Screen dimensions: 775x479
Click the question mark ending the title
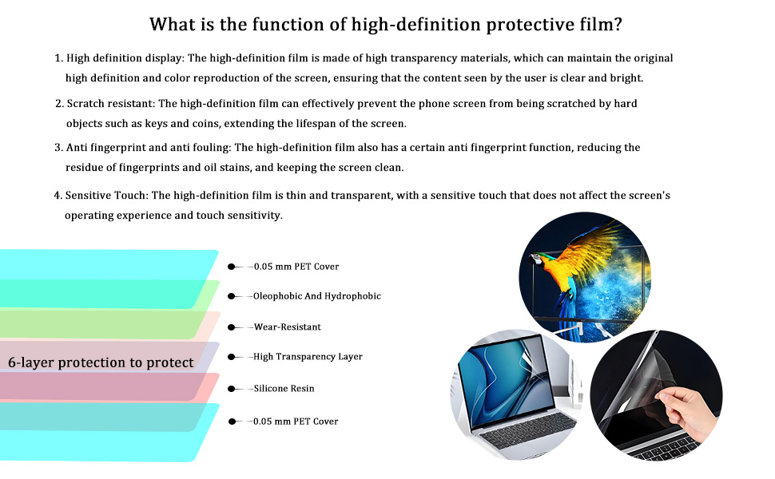[x=618, y=24]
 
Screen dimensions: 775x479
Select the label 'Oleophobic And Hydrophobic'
[x=317, y=296]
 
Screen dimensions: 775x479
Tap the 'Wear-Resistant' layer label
[x=287, y=327]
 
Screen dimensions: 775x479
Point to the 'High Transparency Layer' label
[x=308, y=357]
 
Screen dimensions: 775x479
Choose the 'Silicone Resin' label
[x=284, y=389]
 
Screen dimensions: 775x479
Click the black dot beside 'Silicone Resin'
[x=231, y=389]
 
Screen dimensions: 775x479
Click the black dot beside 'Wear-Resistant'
[x=231, y=327]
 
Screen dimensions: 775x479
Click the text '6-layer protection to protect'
[x=101, y=362]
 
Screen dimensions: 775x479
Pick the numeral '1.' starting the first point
[x=59, y=58]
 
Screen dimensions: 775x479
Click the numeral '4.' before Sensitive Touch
[x=58, y=196]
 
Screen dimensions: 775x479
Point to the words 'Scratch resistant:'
[x=111, y=104]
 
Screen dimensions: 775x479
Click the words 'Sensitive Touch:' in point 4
[x=107, y=196]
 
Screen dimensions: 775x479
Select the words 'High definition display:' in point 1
[x=125, y=58]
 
